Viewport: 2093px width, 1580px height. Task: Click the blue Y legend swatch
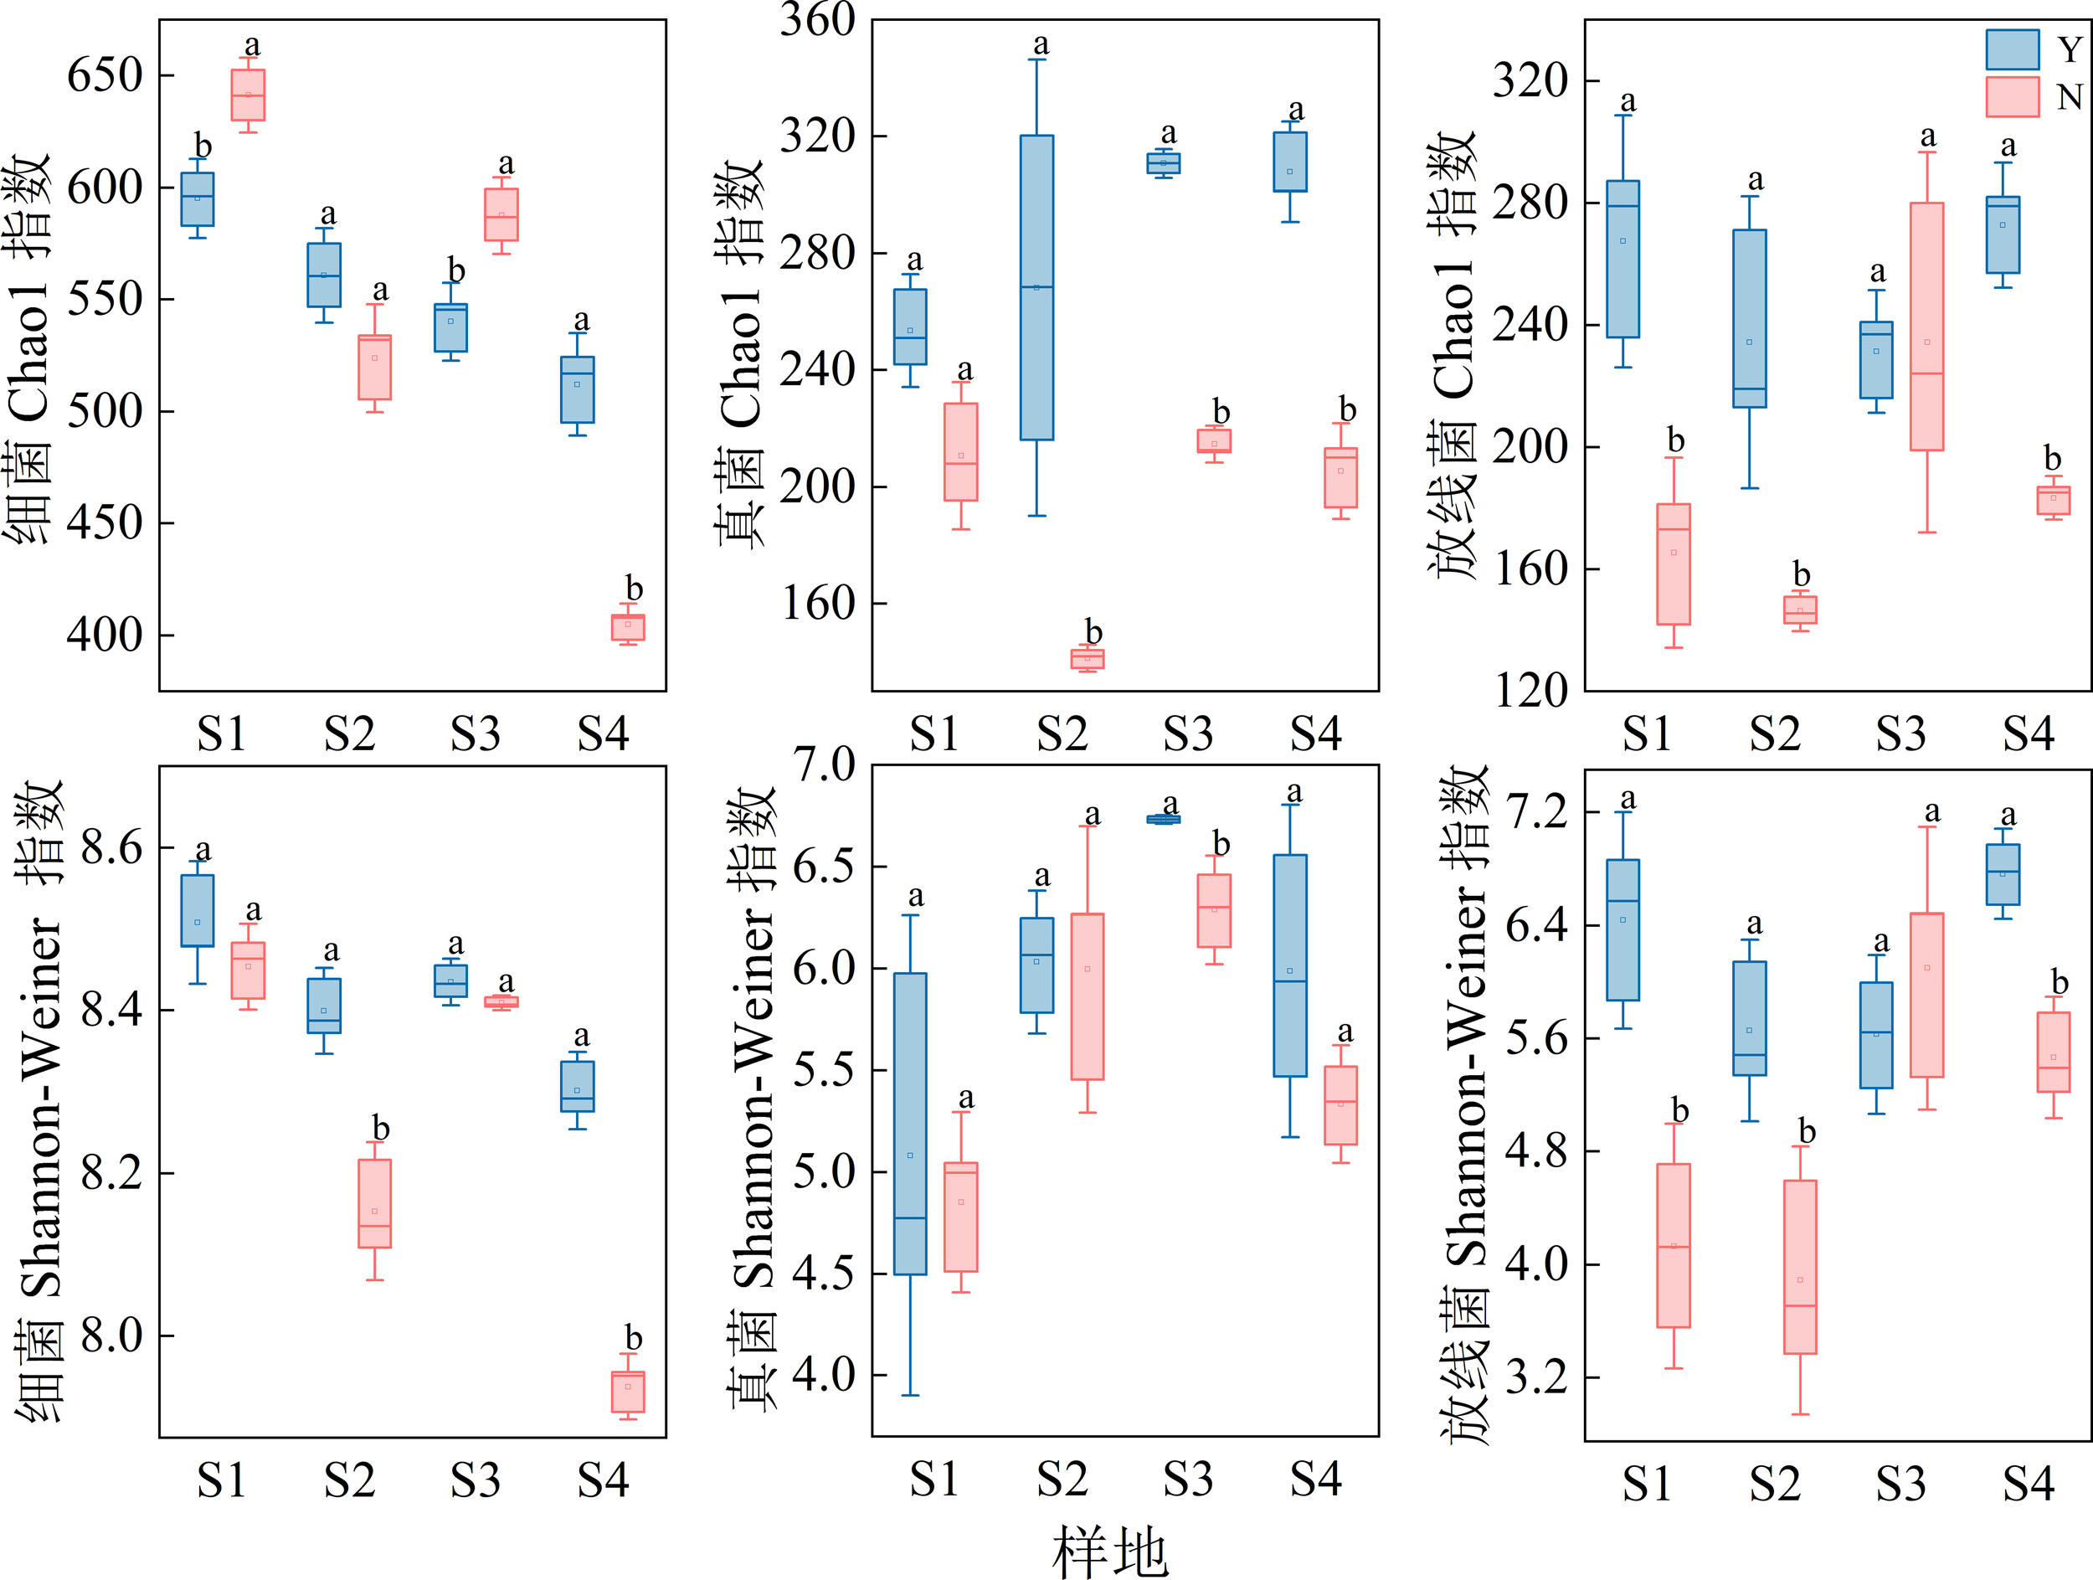pos(2012,49)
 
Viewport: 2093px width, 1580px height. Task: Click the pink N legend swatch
pos(2012,97)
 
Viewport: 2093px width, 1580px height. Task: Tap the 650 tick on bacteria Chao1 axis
pos(104,75)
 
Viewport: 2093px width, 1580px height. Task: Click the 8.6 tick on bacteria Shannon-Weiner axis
pos(111,847)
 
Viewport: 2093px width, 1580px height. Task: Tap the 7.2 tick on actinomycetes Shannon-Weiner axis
pos(1535,811)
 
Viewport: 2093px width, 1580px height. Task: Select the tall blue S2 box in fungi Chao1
pos(1037,286)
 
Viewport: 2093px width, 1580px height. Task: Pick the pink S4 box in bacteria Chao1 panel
pos(627,627)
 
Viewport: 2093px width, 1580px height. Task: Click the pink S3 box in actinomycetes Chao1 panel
pos(1926,327)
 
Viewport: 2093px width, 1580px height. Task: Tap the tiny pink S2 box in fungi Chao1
pos(1088,658)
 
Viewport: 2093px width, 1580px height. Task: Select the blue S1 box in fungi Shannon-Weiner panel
pos(910,1123)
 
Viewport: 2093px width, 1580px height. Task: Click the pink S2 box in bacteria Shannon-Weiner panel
pos(375,1203)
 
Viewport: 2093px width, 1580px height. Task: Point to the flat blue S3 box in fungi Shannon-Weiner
pos(1163,820)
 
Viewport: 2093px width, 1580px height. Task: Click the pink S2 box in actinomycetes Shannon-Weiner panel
pos(1800,1266)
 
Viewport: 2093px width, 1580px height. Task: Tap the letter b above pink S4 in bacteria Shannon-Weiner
pos(633,1338)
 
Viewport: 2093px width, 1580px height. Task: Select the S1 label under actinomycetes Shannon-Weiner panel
pos(1648,1484)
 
